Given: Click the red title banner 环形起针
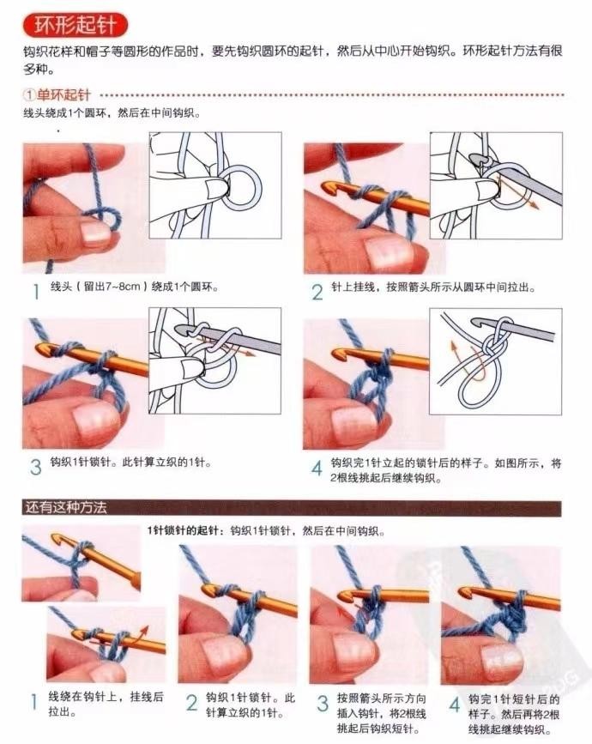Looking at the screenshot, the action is (x=76, y=25).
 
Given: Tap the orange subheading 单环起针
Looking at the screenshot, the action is (x=63, y=95).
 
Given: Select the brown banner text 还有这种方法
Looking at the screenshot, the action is (x=66, y=508).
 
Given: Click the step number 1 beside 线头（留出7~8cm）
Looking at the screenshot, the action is (x=35, y=292).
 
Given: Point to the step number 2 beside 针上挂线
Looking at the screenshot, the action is (x=317, y=292).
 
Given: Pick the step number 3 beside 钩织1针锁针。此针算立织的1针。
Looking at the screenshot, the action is (x=35, y=467).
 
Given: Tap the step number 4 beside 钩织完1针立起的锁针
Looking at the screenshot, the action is (x=317, y=468).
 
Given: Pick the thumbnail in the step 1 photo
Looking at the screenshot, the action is (x=96, y=231).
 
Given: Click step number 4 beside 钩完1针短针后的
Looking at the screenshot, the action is (x=455, y=705).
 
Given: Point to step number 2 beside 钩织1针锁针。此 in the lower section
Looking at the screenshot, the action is (x=191, y=703).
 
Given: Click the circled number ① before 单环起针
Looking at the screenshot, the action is (x=29, y=95).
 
